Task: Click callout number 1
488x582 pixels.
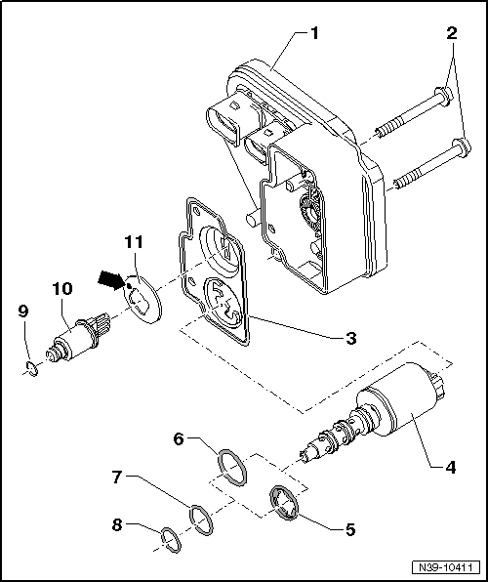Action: (x=314, y=32)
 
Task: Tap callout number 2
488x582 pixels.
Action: (x=450, y=32)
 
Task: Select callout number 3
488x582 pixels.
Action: (x=348, y=338)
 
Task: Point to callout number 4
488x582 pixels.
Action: (x=450, y=467)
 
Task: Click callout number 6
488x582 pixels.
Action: (x=178, y=440)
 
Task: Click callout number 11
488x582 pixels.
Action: (x=134, y=240)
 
